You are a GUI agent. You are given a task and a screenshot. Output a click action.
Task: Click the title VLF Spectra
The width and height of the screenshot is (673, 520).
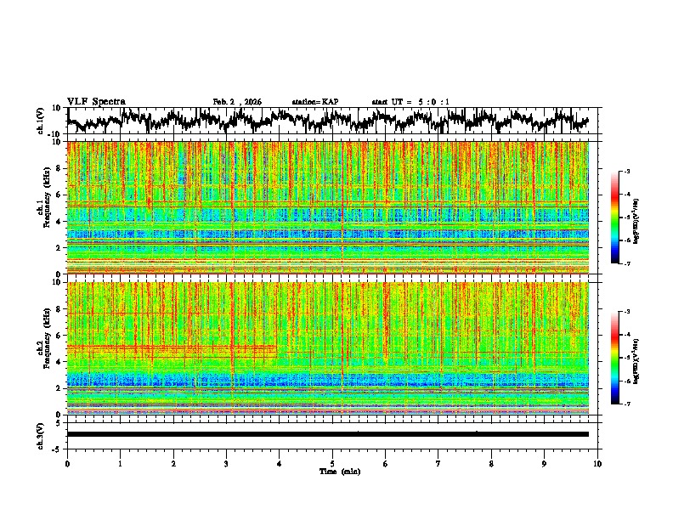tap(96, 102)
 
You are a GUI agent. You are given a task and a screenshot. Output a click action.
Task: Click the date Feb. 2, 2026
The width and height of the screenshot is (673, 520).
tap(237, 102)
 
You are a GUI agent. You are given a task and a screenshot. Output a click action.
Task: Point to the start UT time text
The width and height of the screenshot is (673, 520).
tap(410, 102)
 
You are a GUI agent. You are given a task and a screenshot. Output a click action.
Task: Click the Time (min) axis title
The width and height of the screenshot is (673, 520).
tap(332, 471)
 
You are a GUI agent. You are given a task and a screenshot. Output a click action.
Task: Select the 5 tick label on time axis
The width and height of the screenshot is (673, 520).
tap(332, 462)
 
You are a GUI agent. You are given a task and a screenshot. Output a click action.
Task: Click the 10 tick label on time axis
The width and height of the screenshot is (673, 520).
tap(598, 462)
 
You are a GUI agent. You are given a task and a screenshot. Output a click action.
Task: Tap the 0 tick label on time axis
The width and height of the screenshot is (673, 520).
tap(67, 462)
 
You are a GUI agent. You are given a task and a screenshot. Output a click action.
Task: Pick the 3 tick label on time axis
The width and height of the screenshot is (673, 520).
tap(226, 462)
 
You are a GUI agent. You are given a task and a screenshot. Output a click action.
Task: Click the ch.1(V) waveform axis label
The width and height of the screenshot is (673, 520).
tap(41, 122)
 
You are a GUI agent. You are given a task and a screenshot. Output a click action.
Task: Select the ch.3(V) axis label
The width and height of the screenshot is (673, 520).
tap(41, 434)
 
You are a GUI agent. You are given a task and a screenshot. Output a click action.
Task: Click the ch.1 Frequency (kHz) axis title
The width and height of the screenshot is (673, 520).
tap(42, 207)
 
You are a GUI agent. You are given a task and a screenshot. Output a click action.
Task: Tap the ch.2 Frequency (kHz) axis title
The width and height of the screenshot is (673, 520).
tap(42, 348)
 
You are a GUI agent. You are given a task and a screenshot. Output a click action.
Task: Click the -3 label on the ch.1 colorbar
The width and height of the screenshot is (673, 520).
tap(626, 172)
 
